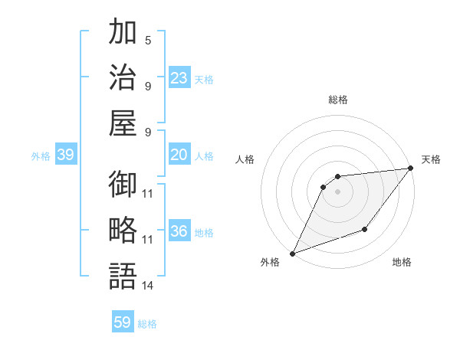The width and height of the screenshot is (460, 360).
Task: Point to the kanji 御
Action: point(123,185)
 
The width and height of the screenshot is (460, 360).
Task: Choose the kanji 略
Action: point(123,231)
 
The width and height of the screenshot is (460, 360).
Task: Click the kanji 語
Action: point(123,276)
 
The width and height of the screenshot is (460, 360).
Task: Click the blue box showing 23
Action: point(179,77)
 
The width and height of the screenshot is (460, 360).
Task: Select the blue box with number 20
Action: point(179,155)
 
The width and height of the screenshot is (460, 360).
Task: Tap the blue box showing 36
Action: point(179,231)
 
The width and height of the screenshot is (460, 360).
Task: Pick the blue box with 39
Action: point(65,155)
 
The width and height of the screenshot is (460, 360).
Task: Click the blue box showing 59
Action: point(123,322)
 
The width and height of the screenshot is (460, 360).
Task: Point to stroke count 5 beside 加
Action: point(148,40)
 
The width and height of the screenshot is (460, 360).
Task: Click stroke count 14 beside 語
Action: point(148,286)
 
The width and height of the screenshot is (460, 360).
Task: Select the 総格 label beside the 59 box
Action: point(147,324)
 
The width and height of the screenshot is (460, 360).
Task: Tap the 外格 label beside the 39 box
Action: point(41,156)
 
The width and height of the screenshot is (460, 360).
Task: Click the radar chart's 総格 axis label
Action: point(338,100)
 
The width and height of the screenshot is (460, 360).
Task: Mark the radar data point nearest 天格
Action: point(411,169)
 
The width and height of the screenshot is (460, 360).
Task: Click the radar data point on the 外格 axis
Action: point(292,253)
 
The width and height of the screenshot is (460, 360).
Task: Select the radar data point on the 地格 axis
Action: point(366,229)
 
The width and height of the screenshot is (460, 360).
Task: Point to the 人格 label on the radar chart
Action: point(245,159)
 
